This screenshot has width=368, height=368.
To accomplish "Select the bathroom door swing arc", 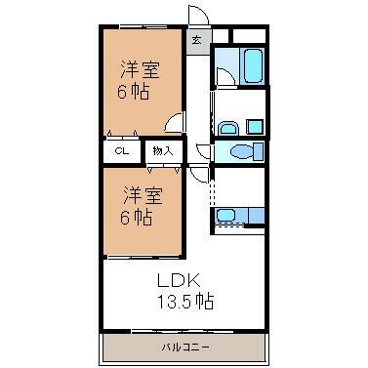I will (223, 75).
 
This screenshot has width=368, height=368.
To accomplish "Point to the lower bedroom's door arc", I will (198, 173).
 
